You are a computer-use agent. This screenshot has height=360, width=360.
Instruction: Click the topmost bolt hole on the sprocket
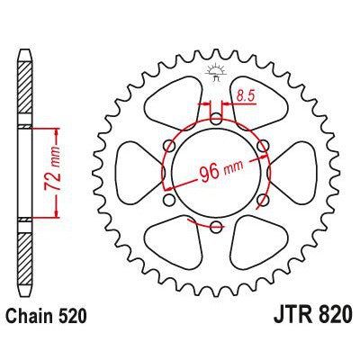coord(217,116)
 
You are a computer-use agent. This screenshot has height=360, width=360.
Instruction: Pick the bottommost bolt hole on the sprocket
coord(217,225)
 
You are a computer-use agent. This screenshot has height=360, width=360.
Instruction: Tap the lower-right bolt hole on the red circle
coord(263,198)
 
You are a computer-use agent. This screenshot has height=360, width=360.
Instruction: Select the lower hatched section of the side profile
coord(24,256)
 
